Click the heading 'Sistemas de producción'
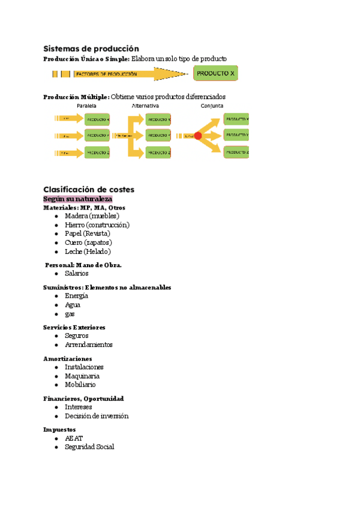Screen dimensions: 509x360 (x=91, y=48)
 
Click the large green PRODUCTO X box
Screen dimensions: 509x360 (x=215, y=73)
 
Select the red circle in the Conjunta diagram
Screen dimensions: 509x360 (x=198, y=136)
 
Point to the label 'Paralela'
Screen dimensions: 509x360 (x=87, y=106)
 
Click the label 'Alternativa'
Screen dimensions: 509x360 (x=145, y=106)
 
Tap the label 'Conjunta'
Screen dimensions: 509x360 (x=212, y=106)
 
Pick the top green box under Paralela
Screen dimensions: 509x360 (x=97, y=119)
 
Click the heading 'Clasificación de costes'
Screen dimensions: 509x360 (x=89, y=189)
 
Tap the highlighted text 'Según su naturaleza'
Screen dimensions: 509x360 (x=78, y=199)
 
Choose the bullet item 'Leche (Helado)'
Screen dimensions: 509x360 (x=88, y=251)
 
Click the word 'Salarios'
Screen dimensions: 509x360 (x=76, y=273)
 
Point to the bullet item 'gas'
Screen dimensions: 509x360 (x=70, y=314)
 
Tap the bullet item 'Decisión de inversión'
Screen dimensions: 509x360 (x=97, y=416)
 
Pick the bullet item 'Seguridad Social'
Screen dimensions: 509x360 (x=89, y=447)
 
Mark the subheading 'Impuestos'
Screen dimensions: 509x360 (x=59, y=430)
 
